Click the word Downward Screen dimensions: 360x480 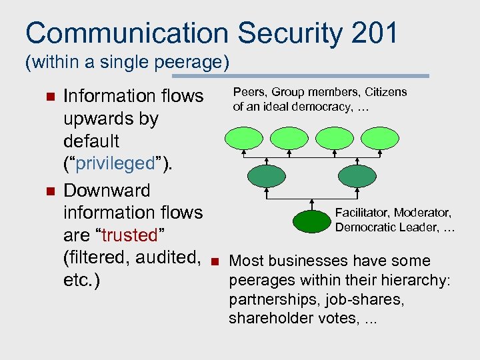tap(107, 191)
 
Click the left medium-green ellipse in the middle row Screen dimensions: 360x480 tap(266, 176)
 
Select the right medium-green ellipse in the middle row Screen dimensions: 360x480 tap(357, 176)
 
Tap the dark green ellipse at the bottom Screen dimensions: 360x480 tap(312, 219)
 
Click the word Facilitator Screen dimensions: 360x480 tap(363, 213)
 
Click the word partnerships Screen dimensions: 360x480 tap(267, 299)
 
